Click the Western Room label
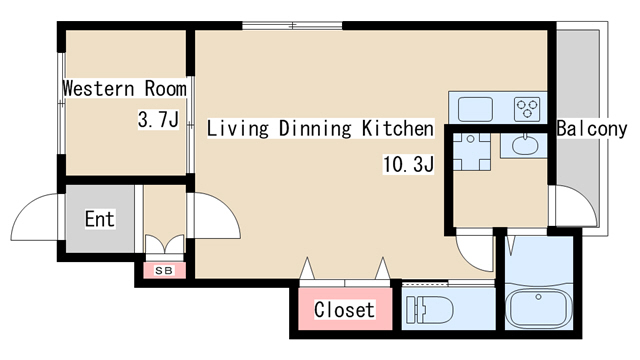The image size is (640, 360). pyautogui.click(x=124, y=89)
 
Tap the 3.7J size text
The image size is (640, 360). pyautogui.click(x=158, y=120)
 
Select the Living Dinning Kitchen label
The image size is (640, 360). pyautogui.click(x=320, y=128)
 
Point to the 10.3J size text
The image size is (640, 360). pyautogui.click(x=408, y=164)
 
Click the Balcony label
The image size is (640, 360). pyautogui.click(x=592, y=129)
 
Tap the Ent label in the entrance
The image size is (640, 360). pyautogui.click(x=100, y=219)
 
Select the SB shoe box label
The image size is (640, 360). pyautogui.click(x=164, y=270)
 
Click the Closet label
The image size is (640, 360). pyautogui.click(x=344, y=309)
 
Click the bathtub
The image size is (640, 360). pyautogui.click(x=537, y=308)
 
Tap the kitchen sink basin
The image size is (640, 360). pyautogui.click(x=475, y=109)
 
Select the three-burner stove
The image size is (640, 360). pyautogui.click(x=527, y=109)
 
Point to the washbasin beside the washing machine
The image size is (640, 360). pyautogui.click(x=524, y=145)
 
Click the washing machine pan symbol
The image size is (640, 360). pyautogui.click(x=471, y=151)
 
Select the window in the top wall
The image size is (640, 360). pyautogui.click(x=292, y=26)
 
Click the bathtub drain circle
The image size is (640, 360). pyautogui.click(x=538, y=297)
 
